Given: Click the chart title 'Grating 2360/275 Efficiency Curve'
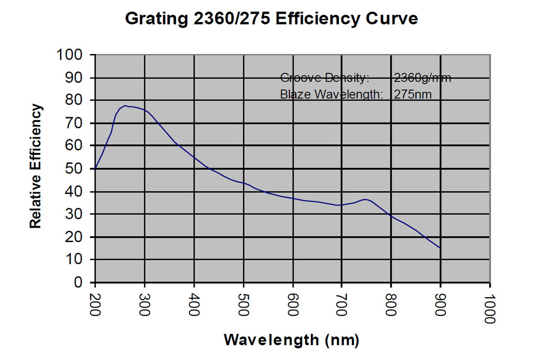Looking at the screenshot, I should click(x=272, y=19).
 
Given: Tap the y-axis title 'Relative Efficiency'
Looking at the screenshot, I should click(x=36, y=166).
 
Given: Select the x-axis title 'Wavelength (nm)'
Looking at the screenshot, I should click(x=291, y=340).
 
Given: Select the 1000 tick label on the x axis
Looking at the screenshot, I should click(x=490, y=308).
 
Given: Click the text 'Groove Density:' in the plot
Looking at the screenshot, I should click(x=325, y=78).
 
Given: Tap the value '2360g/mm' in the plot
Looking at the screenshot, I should click(x=422, y=78).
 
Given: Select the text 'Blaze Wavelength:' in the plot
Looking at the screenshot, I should click(x=332, y=95).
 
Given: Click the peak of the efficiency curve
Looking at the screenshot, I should click(x=126, y=106).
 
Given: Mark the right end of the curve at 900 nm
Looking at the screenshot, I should click(x=440, y=248).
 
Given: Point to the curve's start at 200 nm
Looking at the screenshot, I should click(x=95, y=168).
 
